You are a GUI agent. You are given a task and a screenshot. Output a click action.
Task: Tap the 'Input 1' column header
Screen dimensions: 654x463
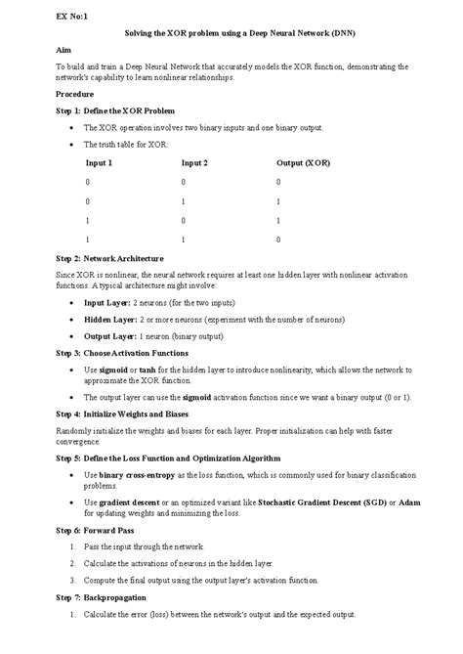point(100,162)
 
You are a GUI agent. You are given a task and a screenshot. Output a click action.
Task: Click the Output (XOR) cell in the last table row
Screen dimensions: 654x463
point(278,239)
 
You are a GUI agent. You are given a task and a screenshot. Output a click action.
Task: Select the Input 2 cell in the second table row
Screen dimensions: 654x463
point(183,200)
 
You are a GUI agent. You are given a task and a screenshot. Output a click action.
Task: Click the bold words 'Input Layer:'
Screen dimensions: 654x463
point(106,304)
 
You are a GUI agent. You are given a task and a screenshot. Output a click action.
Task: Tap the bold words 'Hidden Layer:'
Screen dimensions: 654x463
point(109,320)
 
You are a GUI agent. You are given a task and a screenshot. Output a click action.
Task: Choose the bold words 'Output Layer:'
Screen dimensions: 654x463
point(109,335)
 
